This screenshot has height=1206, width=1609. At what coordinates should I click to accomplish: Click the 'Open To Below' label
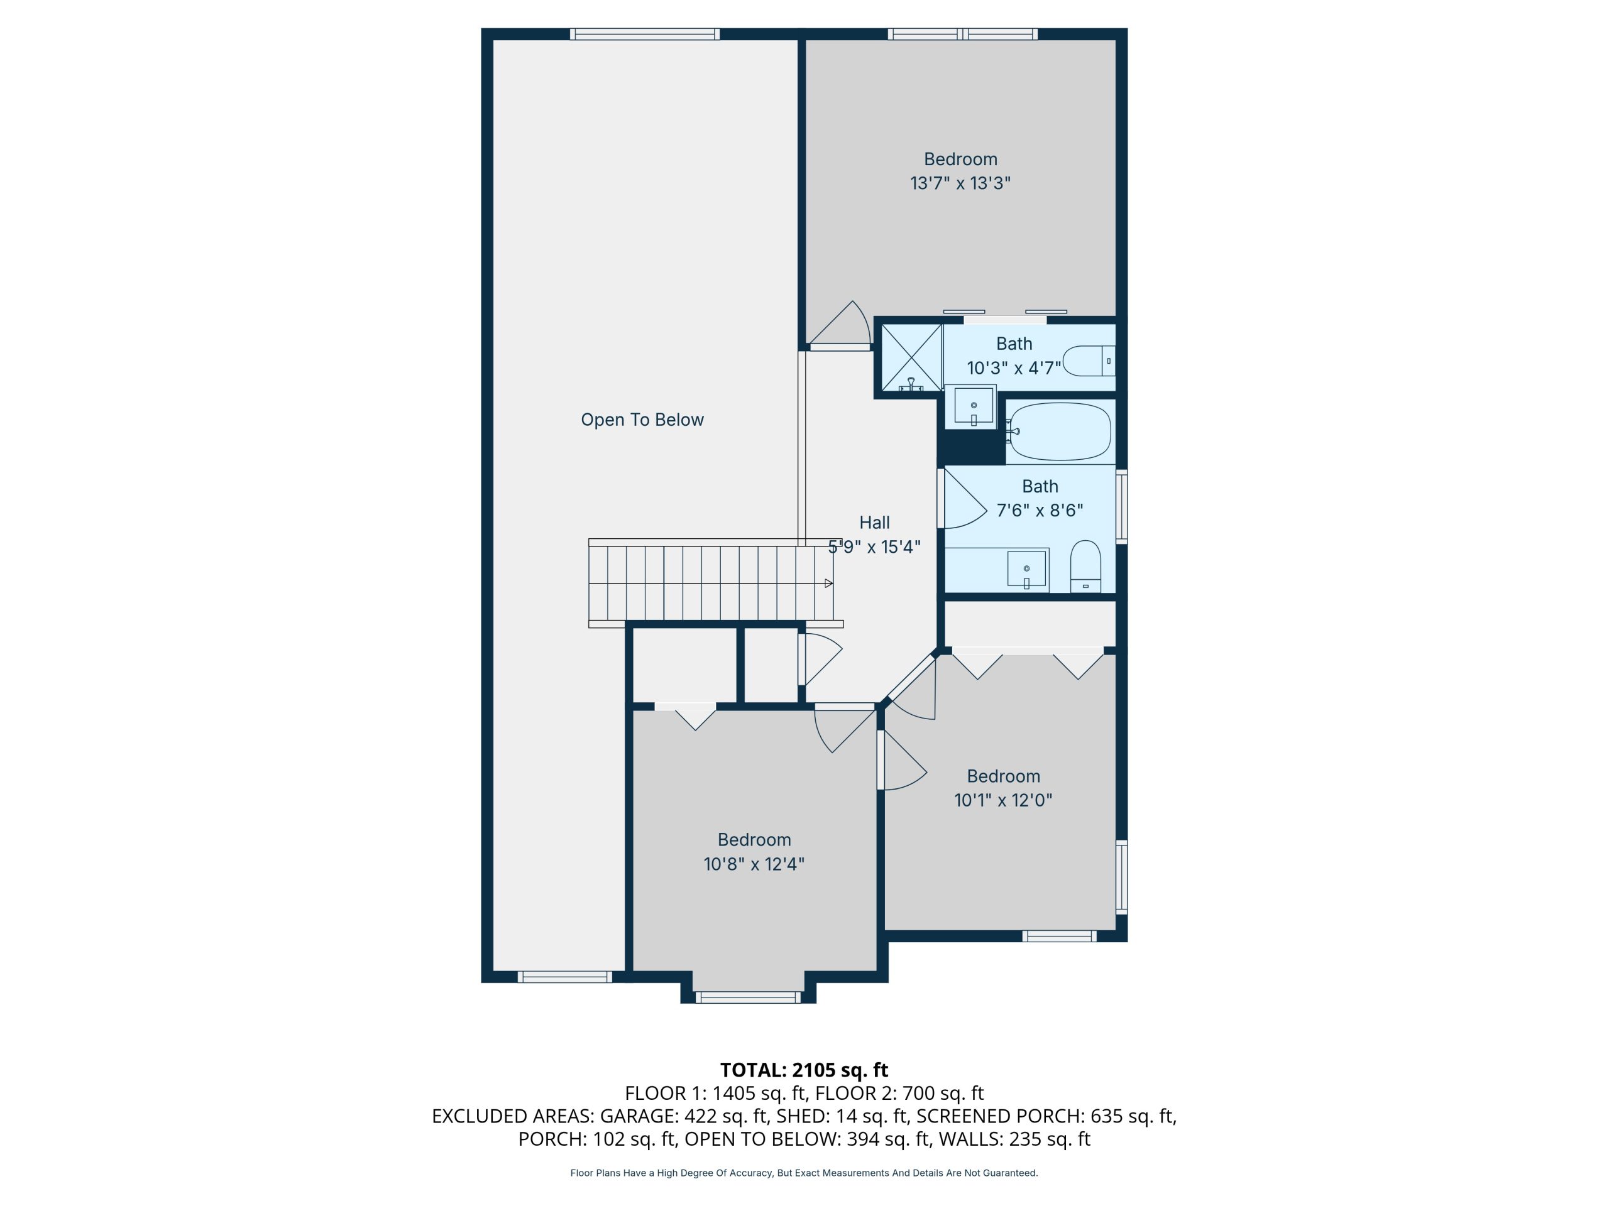click(642, 420)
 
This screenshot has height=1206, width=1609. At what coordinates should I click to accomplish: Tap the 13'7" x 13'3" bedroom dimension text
click(960, 183)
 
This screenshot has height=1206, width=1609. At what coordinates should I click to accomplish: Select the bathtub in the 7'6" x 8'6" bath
click(1060, 432)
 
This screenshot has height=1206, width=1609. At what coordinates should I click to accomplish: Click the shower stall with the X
click(911, 357)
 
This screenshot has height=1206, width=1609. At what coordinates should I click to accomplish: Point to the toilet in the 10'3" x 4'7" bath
click(1089, 361)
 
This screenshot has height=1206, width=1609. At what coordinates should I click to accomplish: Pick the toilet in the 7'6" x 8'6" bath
click(1085, 565)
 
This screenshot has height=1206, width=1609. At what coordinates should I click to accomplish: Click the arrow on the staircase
click(828, 583)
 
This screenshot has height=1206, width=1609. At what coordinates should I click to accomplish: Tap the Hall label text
click(874, 523)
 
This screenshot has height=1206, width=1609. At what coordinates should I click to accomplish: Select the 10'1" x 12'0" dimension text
click(1003, 800)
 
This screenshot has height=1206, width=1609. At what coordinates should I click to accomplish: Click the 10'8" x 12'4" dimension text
click(754, 864)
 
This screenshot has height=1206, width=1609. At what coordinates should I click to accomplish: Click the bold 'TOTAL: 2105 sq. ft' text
click(804, 1070)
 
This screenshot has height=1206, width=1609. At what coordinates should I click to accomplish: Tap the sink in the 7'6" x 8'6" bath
click(1026, 568)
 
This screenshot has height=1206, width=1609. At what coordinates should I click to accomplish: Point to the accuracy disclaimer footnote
click(804, 1173)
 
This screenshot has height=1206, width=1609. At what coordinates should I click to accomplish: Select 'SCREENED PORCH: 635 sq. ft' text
click(1045, 1116)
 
